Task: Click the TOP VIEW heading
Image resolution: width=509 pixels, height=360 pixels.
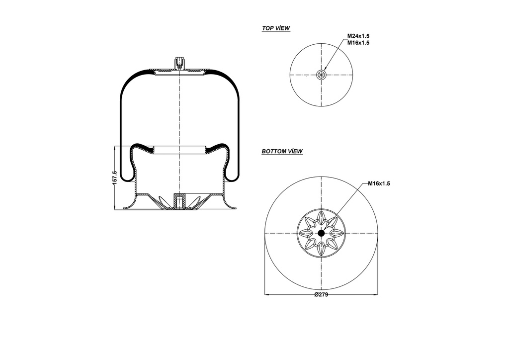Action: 276,28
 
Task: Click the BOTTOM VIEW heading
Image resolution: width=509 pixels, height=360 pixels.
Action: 282,151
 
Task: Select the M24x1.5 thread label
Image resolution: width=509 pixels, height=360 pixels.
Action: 358,36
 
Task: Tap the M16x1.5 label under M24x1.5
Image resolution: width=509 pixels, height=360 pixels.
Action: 358,43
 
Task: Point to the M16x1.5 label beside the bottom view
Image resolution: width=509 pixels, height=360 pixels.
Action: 379,183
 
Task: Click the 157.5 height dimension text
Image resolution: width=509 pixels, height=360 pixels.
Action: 115,178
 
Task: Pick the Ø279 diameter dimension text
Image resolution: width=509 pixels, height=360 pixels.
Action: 321,294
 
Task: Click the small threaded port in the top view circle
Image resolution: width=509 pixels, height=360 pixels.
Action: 322,75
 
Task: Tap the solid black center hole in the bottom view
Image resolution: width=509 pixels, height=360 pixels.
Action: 321,233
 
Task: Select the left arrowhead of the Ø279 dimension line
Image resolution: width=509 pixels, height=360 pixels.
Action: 267,294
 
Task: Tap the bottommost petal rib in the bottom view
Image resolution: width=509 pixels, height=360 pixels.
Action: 321,250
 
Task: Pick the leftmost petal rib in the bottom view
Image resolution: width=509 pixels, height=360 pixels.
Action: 304,233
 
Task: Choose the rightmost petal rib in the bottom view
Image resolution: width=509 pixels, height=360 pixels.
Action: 338,233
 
